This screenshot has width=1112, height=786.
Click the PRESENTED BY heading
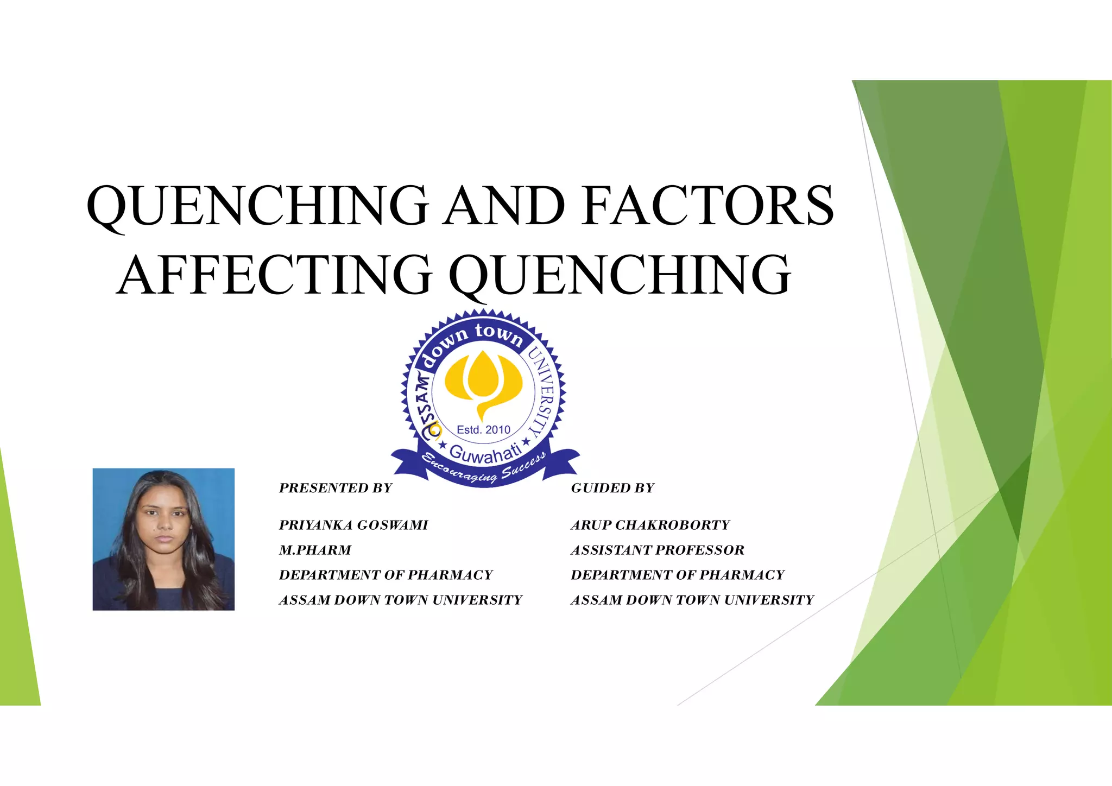tap(336, 488)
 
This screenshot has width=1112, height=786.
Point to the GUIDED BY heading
tap(612, 488)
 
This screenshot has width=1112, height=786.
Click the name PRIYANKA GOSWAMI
tap(353, 525)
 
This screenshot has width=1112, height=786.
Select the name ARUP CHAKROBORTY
tap(650, 525)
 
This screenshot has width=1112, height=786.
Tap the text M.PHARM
tap(315, 550)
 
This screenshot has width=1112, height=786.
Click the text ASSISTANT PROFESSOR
tap(658, 550)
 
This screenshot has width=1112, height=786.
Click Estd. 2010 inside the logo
tap(483, 430)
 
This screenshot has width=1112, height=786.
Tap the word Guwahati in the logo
tap(485, 453)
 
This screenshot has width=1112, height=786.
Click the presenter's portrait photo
tap(163, 539)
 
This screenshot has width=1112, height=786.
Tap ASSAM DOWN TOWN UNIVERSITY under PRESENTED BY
tap(400, 600)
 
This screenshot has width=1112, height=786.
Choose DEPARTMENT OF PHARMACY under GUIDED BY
tap(678, 575)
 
